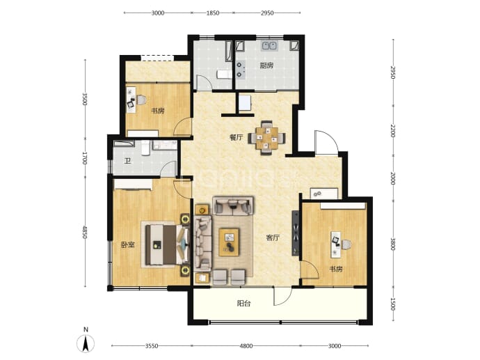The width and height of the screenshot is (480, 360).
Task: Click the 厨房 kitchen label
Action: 266,65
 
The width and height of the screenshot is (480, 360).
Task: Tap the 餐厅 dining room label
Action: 237,138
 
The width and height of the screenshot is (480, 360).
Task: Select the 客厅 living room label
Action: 273,237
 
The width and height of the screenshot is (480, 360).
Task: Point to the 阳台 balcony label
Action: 244,304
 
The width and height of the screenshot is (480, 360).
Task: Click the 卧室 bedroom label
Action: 128,245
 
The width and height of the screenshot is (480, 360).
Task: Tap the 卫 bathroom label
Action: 127,161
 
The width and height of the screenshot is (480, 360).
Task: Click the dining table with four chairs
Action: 266,138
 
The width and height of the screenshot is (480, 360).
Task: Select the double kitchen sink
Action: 269,46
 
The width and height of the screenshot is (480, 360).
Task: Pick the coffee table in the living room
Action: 230,242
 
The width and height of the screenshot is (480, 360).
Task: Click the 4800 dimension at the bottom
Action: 246,346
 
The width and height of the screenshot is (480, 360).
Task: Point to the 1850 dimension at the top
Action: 213,13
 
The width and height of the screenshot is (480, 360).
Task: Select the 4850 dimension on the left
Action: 85,233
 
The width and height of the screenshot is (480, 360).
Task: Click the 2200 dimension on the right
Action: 393,132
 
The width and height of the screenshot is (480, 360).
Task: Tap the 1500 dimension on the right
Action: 393,304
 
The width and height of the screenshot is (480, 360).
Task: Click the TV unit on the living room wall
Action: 296,233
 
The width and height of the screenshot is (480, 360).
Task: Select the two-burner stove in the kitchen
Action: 240,70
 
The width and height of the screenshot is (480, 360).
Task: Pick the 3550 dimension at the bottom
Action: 152,346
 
